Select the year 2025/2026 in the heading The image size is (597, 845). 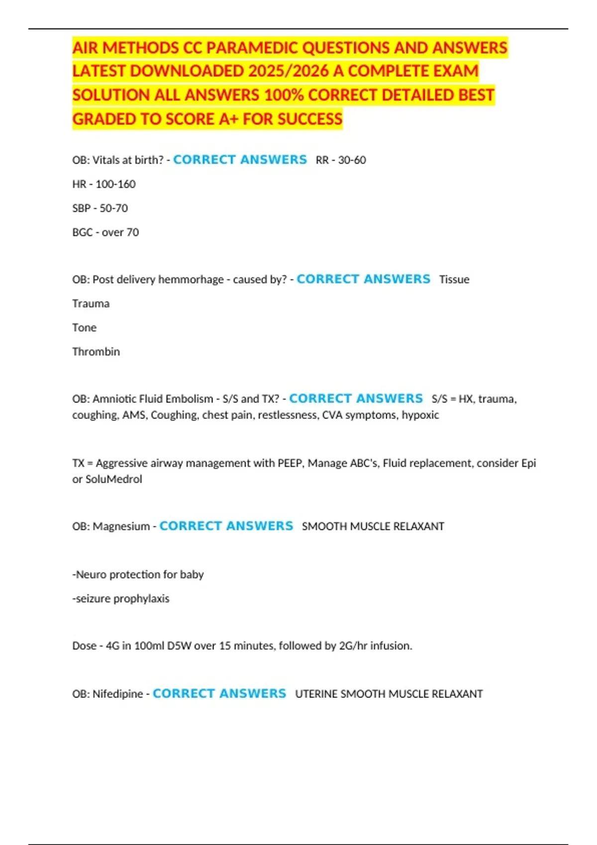click(289, 71)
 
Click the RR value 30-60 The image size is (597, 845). click(352, 160)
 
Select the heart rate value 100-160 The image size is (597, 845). click(115, 184)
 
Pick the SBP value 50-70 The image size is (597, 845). click(113, 208)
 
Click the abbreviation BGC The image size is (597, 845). click(83, 232)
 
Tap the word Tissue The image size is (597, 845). click(454, 279)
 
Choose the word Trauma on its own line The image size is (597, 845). click(91, 304)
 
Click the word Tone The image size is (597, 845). click(85, 328)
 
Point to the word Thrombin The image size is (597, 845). click(96, 352)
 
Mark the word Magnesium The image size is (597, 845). click(121, 526)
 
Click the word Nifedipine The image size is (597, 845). click(118, 694)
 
